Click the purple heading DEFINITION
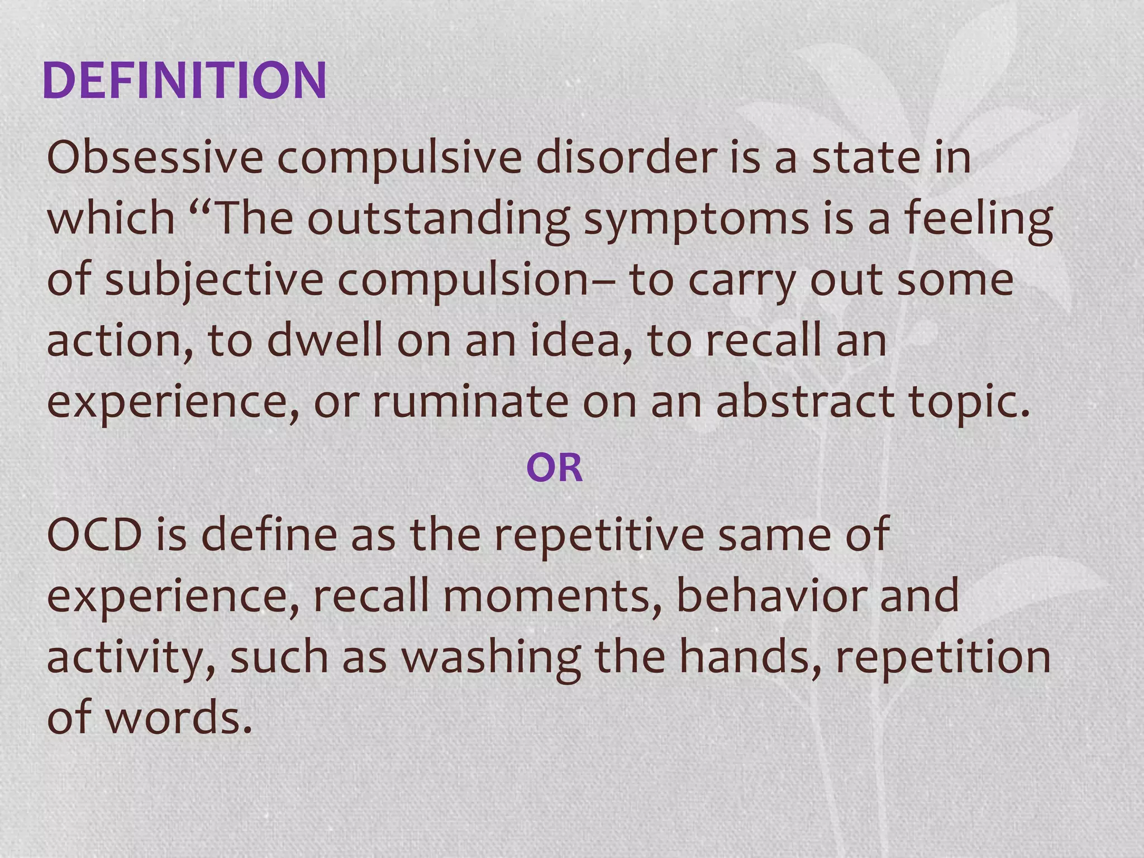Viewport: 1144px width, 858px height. pos(184,81)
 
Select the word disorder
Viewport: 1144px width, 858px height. pos(626,158)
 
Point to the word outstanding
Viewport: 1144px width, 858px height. pos(438,219)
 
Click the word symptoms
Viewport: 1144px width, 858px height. pos(696,219)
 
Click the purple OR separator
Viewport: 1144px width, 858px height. pos(554,468)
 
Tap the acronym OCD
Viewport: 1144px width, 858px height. pos(95,535)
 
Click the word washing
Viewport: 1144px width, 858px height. pos(492,657)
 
